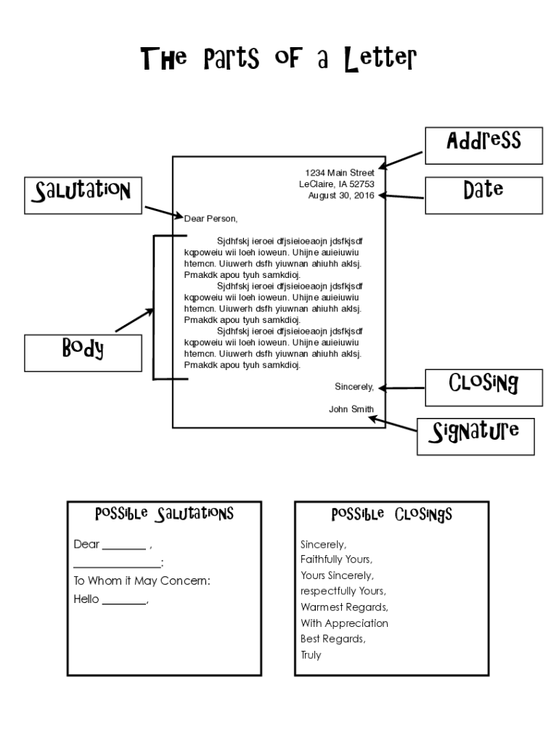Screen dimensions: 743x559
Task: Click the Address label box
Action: [483, 146]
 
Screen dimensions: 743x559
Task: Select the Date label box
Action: [483, 194]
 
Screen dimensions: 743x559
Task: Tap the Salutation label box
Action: [83, 195]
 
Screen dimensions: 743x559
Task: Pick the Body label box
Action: [83, 353]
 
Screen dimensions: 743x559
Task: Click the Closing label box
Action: [483, 387]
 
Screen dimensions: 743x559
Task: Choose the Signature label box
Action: [476, 436]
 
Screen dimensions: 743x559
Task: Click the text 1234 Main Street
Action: [340, 173]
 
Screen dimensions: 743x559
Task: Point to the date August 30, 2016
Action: [341, 195]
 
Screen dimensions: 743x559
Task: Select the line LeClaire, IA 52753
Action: [337, 184]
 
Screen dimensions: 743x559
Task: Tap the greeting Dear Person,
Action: [211, 218]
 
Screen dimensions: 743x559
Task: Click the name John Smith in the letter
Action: [351, 409]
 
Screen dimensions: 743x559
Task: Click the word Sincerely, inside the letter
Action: [354, 387]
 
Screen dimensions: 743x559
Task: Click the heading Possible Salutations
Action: [164, 514]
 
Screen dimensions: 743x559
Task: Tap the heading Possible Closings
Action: [391, 514]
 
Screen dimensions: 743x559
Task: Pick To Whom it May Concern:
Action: [142, 581]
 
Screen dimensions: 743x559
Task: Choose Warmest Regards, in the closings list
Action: [344, 607]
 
